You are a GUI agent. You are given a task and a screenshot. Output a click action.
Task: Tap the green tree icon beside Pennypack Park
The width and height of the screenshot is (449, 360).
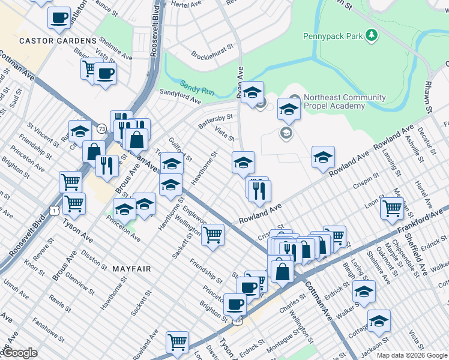372,36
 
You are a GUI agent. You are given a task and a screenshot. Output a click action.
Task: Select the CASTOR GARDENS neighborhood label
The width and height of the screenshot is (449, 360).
58,41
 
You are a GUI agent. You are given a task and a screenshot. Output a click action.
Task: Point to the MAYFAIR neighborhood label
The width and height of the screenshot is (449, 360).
130,269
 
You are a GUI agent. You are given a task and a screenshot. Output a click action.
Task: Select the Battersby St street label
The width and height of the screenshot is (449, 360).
215,121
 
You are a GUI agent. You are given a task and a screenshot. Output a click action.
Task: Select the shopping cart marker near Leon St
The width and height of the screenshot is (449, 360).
391,208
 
